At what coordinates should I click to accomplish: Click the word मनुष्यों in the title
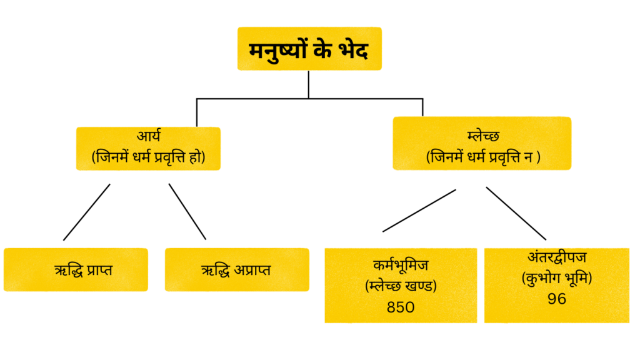[x=279, y=49]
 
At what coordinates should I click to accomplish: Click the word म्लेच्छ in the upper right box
[x=482, y=135]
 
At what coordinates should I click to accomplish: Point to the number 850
[x=400, y=307]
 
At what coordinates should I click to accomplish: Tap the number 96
[x=556, y=299]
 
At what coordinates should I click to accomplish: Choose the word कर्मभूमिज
[x=400, y=265]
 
